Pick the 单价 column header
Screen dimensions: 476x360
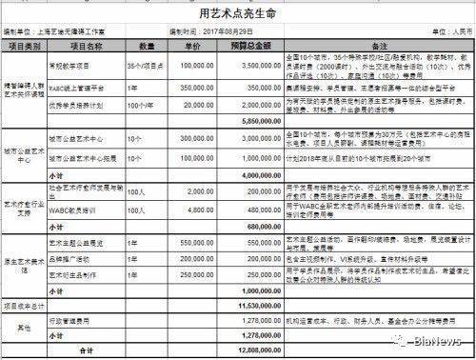point(197,45)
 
